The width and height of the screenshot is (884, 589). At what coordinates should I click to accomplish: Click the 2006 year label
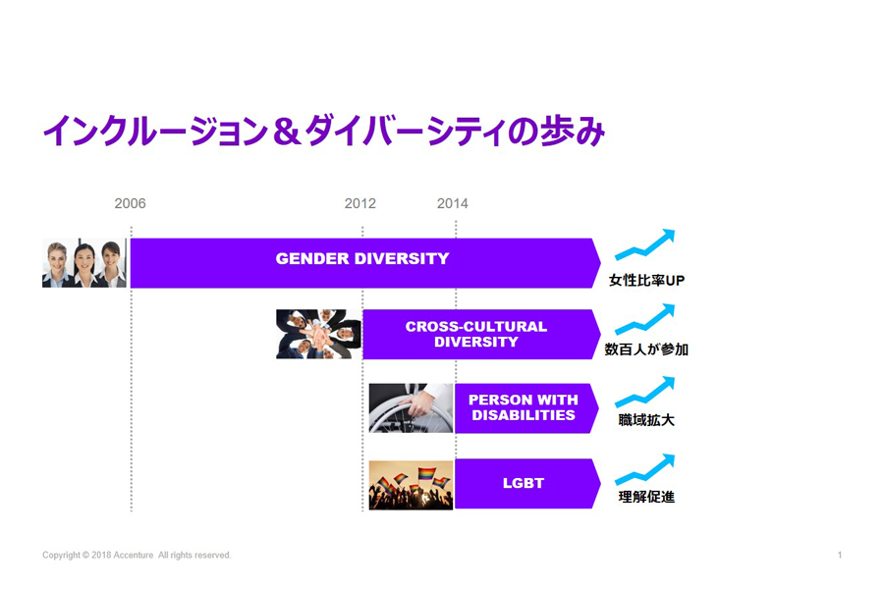[130, 203]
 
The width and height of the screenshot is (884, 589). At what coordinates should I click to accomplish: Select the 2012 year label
[359, 203]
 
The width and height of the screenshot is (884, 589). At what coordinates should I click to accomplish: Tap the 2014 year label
[452, 203]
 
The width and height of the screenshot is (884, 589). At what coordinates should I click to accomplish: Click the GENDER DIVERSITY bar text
[361, 259]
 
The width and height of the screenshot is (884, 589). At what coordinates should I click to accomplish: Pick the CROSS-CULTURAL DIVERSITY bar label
[475, 334]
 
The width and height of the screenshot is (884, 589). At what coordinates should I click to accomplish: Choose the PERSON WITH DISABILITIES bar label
[524, 407]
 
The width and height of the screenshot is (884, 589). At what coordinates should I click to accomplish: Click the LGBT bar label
[524, 483]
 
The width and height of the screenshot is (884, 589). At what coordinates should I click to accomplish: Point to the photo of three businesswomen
[84, 263]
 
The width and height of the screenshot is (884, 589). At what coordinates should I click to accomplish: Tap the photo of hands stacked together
[318, 334]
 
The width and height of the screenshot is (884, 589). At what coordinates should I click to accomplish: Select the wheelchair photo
[411, 408]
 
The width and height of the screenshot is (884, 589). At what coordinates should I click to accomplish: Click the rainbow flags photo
[411, 485]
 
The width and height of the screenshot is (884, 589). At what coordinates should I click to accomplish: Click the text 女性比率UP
[646, 280]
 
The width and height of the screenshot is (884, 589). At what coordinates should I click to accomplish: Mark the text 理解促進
[646, 497]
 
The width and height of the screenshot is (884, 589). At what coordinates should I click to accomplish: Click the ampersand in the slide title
[287, 132]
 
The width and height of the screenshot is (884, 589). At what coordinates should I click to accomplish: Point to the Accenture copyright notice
[137, 556]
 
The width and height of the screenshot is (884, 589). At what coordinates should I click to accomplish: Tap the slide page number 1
[840, 556]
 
